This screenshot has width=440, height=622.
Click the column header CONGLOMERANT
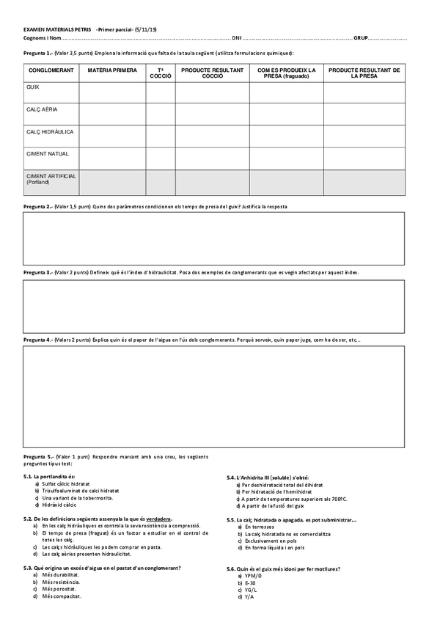tap(51, 70)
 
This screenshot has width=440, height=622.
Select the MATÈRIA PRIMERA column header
tap(112, 70)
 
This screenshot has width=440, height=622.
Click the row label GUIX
tap(32, 87)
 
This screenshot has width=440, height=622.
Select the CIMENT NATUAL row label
tap(47, 154)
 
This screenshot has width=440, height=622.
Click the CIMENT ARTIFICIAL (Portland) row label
tap(51, 179)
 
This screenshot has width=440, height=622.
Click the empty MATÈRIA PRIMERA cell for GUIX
tap(112, 92)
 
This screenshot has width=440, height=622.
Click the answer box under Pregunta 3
tap(213, 306)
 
